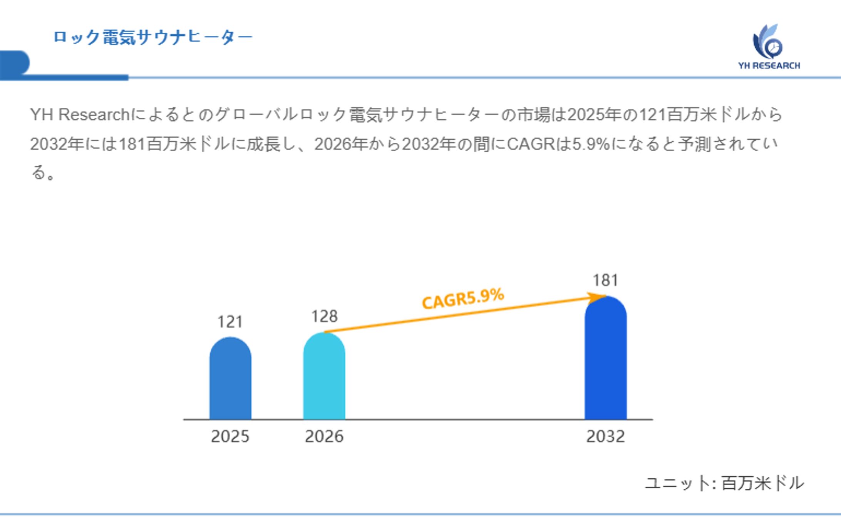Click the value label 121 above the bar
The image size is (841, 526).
(230, 322)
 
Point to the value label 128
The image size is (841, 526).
(324, 317)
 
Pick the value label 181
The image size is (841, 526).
(605, 281)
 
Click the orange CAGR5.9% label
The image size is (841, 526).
(463, 299)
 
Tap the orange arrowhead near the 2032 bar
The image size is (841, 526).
(596, 297)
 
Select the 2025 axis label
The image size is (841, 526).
(230, 436)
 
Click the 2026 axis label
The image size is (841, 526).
(324, 436)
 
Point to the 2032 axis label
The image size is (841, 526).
(605, 436)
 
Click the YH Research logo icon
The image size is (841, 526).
(767, 42)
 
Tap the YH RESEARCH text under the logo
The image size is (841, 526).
(769, 66)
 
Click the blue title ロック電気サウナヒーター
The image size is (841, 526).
(153, 37)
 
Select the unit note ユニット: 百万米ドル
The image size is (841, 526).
(724, 483)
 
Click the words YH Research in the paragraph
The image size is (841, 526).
(80, 115)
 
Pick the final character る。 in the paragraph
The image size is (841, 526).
(42, 173)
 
